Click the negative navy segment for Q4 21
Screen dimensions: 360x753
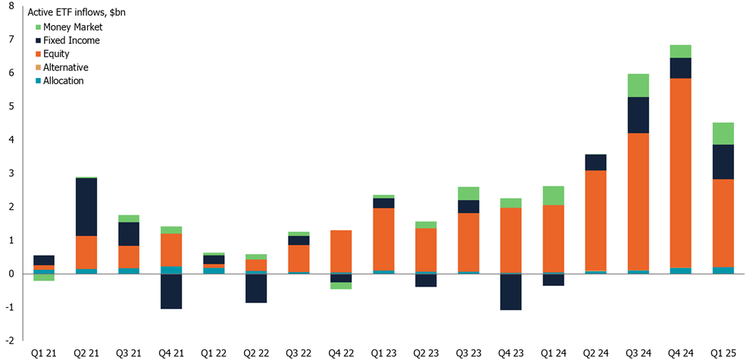click(171, 291)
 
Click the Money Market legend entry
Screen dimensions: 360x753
click(72, 27)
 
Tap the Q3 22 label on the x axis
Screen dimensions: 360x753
click(298, 353)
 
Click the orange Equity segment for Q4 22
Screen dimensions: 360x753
click(341, 251)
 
